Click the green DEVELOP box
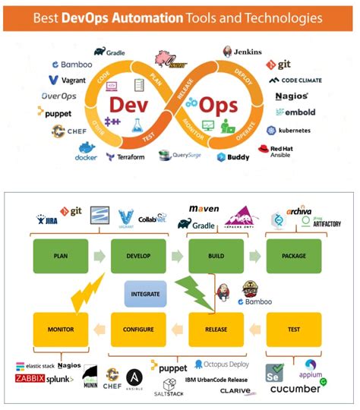pyautogui.click(x=134, y=256)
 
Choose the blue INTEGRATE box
pyautogui.click(x=147, y=292)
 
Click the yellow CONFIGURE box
pyautogui.click(x=134, y=330)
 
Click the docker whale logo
pyautogui.click(x=86, y=152)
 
